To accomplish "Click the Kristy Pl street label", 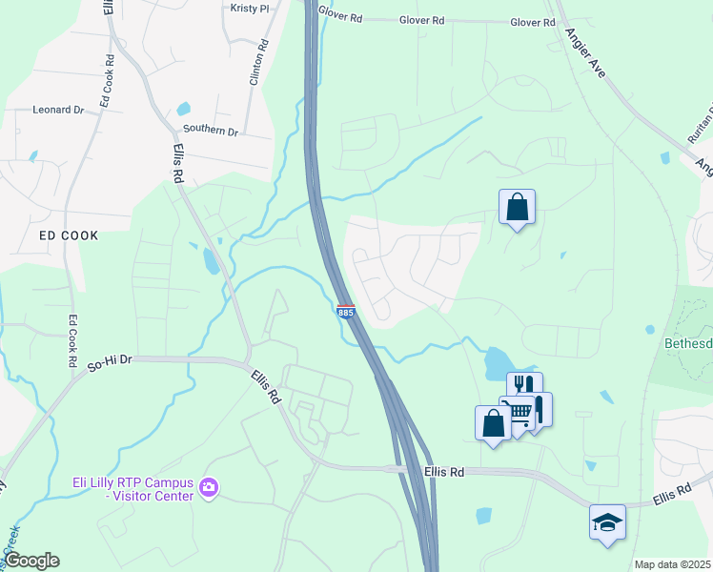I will pyautogui.click(x=251, y=8).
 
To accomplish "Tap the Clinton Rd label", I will pyautogui.click(x=255, y=64).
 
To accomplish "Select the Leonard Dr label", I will pyautogui.click(x=58, y=110).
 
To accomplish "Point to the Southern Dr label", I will pyautogui.click(x=210, y=131).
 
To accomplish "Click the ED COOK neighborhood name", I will pyautogui.click(x=68, y=235).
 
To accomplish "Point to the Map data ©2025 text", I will pyautogui.click(x=672, y=564).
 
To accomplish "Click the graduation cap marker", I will pyautogui.click(x=607, y=522).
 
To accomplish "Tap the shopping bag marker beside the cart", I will pyautogui.click(x=493, y=422).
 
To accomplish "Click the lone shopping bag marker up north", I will pyautogui.click(x=517, y=206).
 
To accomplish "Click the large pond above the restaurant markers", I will pyautogui.click(x=499, y=361).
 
